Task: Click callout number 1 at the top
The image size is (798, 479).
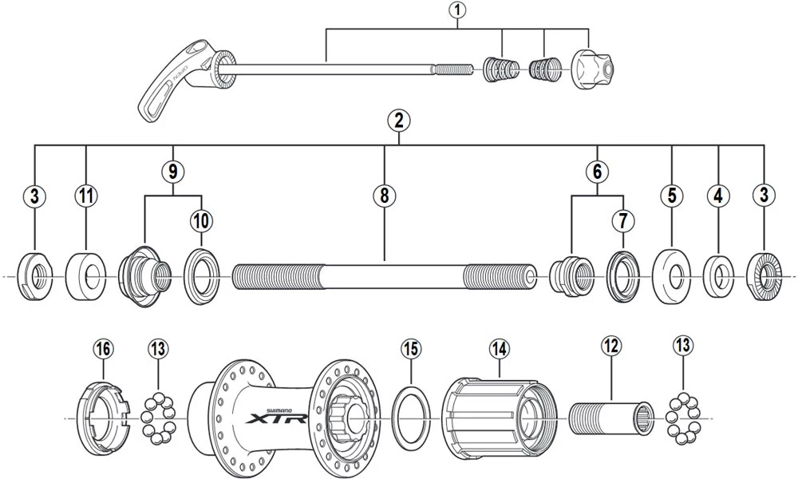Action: tap(458, 11)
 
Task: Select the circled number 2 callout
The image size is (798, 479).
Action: tap(398, 122)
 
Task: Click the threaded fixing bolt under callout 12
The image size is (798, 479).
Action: tap(610, 418)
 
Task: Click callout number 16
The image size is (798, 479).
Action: tap(103, 349)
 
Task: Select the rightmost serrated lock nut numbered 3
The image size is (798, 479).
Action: tap(764, 275)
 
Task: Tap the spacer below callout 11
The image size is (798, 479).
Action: tap(85, 276)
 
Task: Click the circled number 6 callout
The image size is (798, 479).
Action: tap(596, 170)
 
